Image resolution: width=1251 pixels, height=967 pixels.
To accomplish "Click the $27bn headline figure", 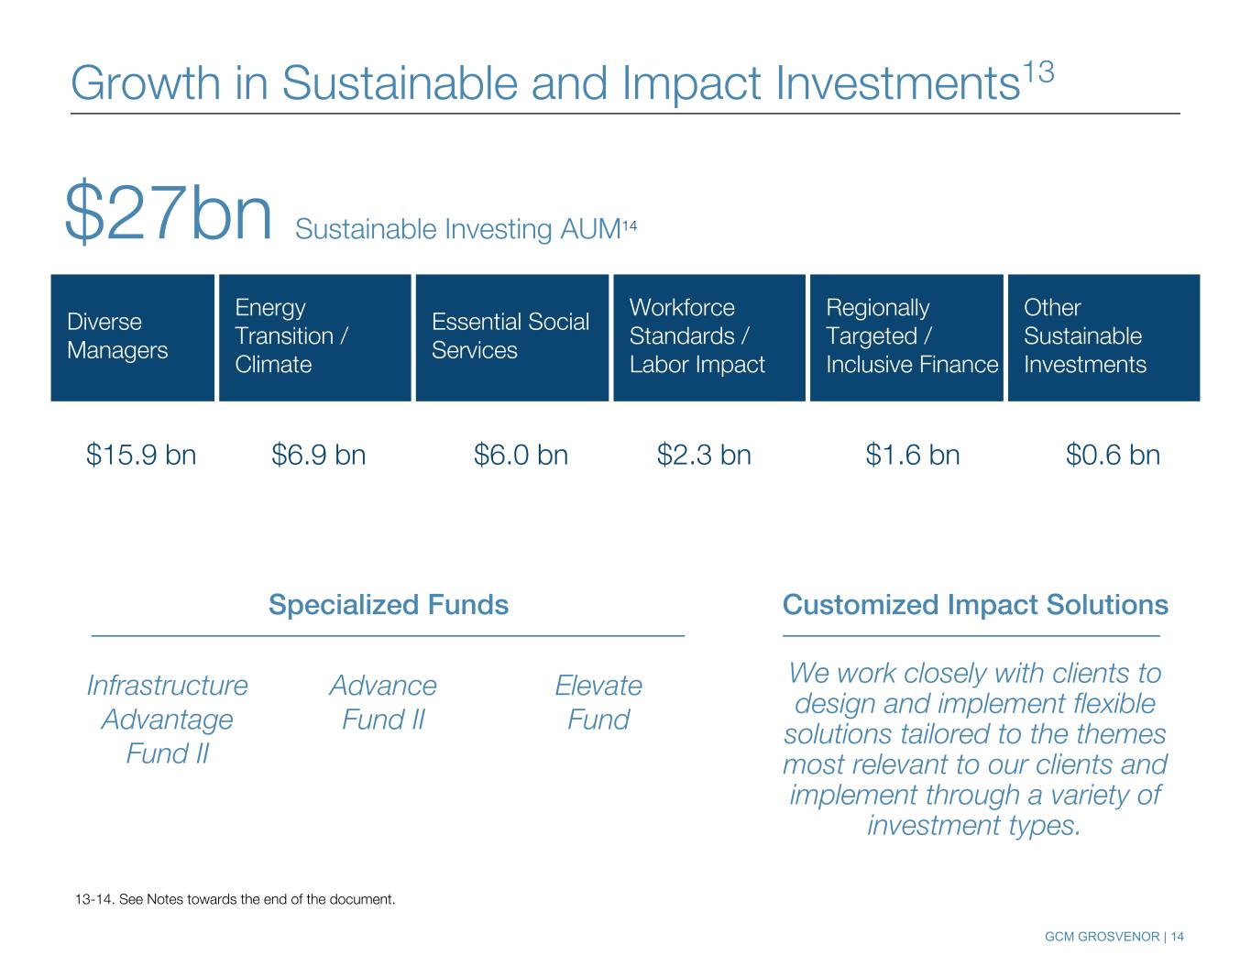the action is tap(168, 212).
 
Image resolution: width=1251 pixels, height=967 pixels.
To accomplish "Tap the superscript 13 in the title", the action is tap(1038, 73).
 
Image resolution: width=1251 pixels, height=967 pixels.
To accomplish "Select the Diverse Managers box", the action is tap(132, 337).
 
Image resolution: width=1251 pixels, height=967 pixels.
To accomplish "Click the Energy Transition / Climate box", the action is tap(315, 337).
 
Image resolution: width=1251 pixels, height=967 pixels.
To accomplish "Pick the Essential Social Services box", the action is tap(511, 337).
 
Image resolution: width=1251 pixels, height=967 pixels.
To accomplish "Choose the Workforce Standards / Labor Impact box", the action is tap(709, 337).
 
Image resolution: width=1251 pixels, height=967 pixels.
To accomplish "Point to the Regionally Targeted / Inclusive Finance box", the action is tap(906, 337).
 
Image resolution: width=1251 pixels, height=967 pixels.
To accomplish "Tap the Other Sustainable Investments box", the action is tap(1103, 337).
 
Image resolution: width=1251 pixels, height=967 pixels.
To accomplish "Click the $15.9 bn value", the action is tap(141, 455).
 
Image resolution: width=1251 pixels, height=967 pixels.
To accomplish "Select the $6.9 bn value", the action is tap(318, 455).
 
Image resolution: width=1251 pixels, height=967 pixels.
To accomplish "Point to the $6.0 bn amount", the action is tap(521, 455).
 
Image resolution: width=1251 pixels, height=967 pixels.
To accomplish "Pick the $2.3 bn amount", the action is tap(704, 455).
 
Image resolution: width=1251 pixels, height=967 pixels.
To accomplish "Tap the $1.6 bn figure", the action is tap(913, 455).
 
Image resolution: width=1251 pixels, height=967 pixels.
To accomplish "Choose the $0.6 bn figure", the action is tap(1113, 455).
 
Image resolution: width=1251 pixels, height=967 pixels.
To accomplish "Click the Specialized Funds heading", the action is tap(389, 605).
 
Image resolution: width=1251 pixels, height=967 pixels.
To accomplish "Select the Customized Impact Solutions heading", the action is tap(975, 605).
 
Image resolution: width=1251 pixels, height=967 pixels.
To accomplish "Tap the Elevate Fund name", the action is tap(598, 702).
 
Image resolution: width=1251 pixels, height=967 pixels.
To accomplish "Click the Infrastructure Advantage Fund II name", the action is tap(168, 720).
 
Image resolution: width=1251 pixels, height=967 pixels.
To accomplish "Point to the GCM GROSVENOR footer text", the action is tap(1102, 937).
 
